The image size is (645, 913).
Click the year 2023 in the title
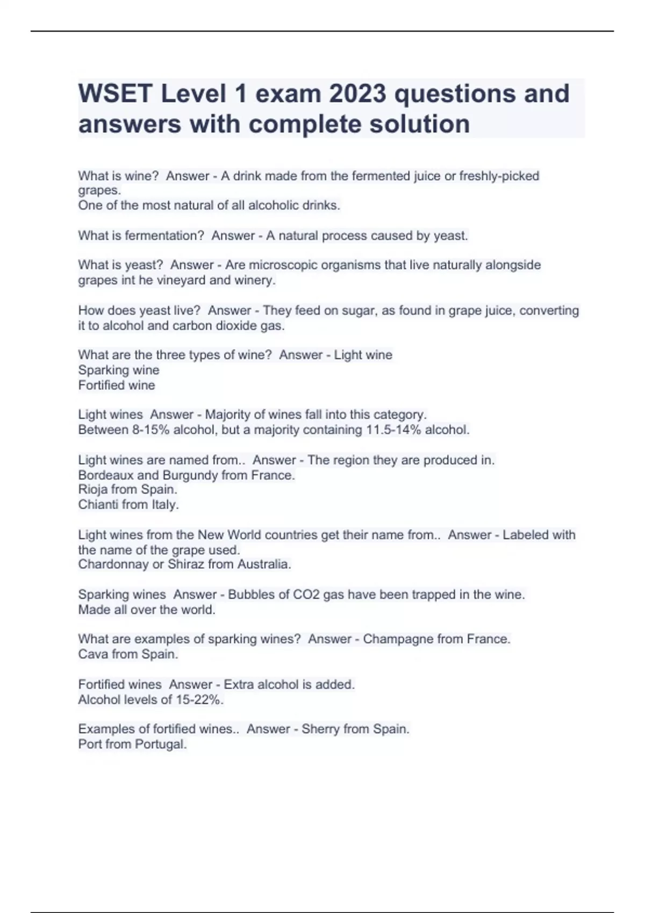(357, 94)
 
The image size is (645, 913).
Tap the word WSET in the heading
(115, 94)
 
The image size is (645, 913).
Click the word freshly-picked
(499, 176)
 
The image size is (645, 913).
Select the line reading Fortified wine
(117, 385)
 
